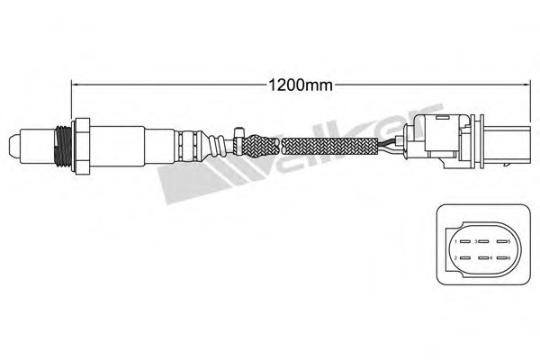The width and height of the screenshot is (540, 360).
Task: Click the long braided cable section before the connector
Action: pyautogui.click(x=333, y=145)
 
